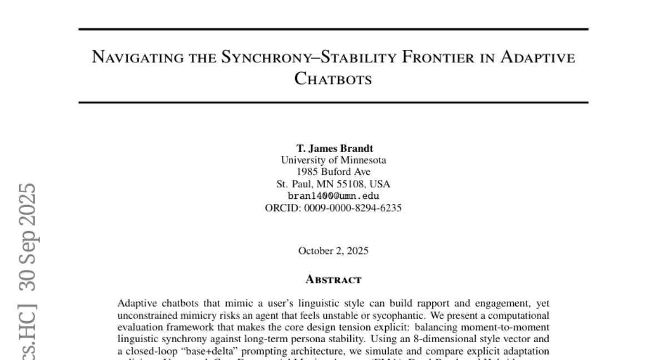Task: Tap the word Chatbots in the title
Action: pyautogui.click(x=333, y=79)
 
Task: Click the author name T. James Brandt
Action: pyautogui.click(x=333, y=148)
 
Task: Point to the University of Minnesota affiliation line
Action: pyautogui.click(x=333, y=160)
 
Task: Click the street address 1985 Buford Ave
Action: pyautogui.click(x=333, y=172)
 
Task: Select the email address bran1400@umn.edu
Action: pyautogui.click(x=333, y=196)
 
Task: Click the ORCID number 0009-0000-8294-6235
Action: pyautogui.click(x=353, y=208)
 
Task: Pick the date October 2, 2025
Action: pyautogui.click(x=333, y=251)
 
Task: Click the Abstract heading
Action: pyautogui.click(x=333, y=279)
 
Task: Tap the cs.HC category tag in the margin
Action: pyautogui.click(x=26, y=331)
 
